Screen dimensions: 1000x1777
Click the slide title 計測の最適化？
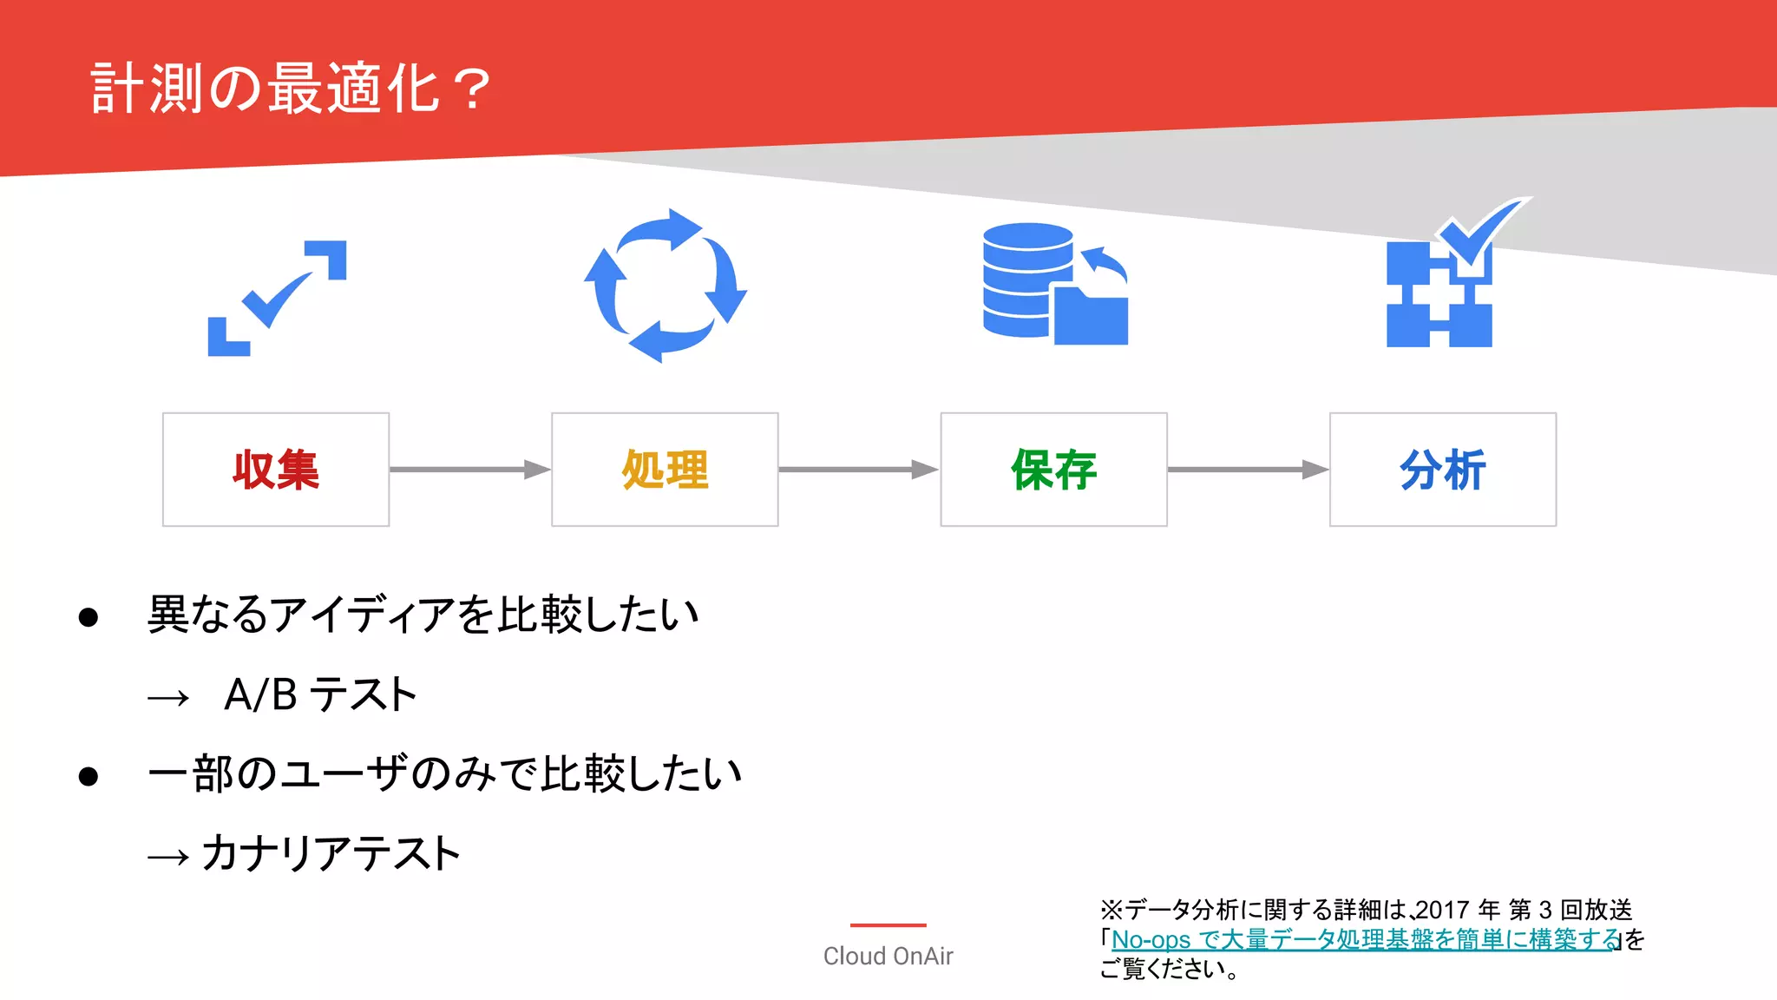pyautogui.click(x=292, y=89)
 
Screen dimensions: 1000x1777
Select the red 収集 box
pyautogui.click(x=276, y=470)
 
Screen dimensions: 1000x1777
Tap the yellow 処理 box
pyautogui.click(x=665, y=470)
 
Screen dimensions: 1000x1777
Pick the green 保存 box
pyautogui.click(x=1053, y=470)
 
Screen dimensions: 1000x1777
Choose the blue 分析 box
pyautogui.click(x=1442, y=470)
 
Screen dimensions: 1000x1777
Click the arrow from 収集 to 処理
pyautogui.click(x=469, y=470)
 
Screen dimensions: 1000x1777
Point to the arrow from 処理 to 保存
pyautogui.click(x=858, y=470)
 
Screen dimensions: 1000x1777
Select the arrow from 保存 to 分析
pyautogui.click(x=1248, y=470)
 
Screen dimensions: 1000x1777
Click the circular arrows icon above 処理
pyautogui.click(x=666, y=286)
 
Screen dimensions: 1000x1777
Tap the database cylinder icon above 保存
pyautogui.click(x=1028, y=280)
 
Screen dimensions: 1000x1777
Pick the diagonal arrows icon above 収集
pyautogui.click(x=277, y=298)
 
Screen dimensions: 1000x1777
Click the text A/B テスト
pyautogui.click(x=320, y=694)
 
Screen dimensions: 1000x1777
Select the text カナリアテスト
pyautogui.click(x=331, y=853)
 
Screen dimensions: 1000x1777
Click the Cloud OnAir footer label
pyautogui.click(x=888, y=956)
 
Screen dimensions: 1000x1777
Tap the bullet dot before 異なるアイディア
pyautogui.click(x=88, y=617)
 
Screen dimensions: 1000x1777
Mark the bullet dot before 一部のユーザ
pyautogui.click(x=88, y=776)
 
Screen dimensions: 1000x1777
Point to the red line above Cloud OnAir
pyautogui.click(x=888, y=925)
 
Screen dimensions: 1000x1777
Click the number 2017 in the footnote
pyautogui.click(x=1443, y=910)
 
